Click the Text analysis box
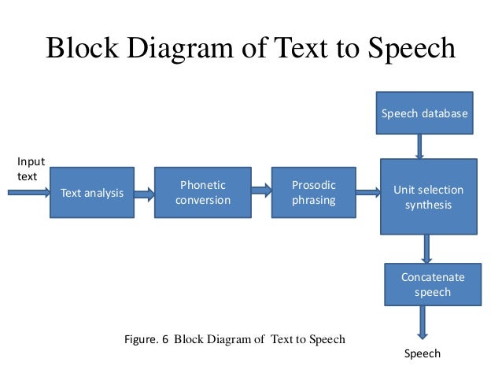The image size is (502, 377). (91, 192)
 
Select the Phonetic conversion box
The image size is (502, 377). (202, 192)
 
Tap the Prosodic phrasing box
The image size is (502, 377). (313, 192)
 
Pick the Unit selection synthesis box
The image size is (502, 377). (428, 198)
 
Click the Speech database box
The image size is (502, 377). (424, 114)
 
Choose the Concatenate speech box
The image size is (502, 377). (432, 284)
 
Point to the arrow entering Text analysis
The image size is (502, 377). (27, 191)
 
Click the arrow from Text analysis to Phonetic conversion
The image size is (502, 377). (144, 192)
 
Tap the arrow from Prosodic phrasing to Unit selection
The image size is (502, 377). (367, 191)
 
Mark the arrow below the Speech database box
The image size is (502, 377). (419, 146)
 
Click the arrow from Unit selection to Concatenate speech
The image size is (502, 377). (426, 249)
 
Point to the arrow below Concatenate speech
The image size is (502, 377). (423, 323)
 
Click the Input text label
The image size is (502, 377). (30, 169)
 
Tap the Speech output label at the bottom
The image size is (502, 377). (423, 353)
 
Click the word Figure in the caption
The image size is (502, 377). (141, 339)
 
